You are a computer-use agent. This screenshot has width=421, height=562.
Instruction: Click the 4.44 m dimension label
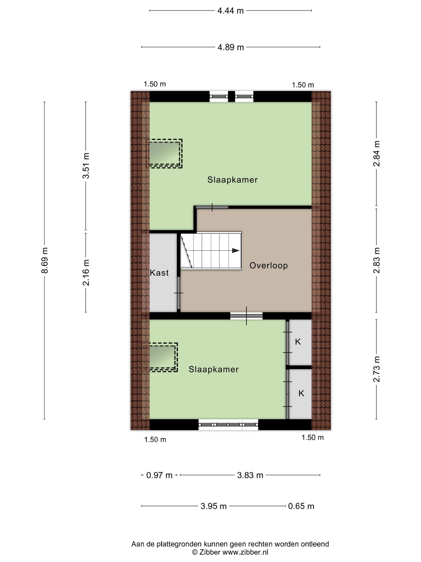click(x=230, y=11)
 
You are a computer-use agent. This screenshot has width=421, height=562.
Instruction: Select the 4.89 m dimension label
click(x=231, y=47)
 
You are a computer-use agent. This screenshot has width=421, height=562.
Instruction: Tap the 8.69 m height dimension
click(x=45, y=260)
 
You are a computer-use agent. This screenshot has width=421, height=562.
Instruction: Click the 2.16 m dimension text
click(x=86, y=273)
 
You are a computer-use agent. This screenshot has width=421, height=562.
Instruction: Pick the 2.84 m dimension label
click(x=376, y=153)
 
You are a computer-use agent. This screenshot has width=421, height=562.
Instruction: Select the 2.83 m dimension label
click(x=376, y=260)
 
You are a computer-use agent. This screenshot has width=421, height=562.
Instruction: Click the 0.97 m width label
click(x=159, y=475)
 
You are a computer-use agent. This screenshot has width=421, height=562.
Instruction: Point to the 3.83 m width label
click(x=250, y=475)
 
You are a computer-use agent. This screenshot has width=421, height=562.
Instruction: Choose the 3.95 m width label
click(x=213, y=506)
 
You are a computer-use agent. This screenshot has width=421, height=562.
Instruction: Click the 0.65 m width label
click(x=301, y=506)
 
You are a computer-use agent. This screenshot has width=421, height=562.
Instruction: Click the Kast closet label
click(x=159, y=273)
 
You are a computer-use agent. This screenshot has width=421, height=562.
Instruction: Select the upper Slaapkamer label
click(x=232, y=180)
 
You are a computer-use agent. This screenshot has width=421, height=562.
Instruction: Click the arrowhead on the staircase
click(x=236, y=250)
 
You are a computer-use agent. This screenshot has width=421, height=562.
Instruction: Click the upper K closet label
click(x=298, y=342)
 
